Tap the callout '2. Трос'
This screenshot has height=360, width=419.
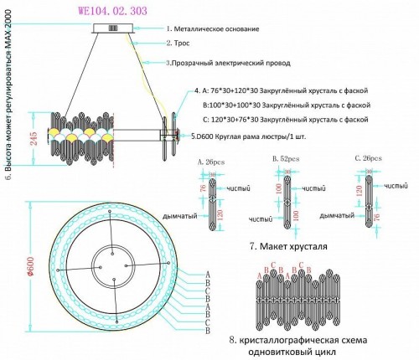[x=180, y=42]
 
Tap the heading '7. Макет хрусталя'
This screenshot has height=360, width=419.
[x=287, y=247]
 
